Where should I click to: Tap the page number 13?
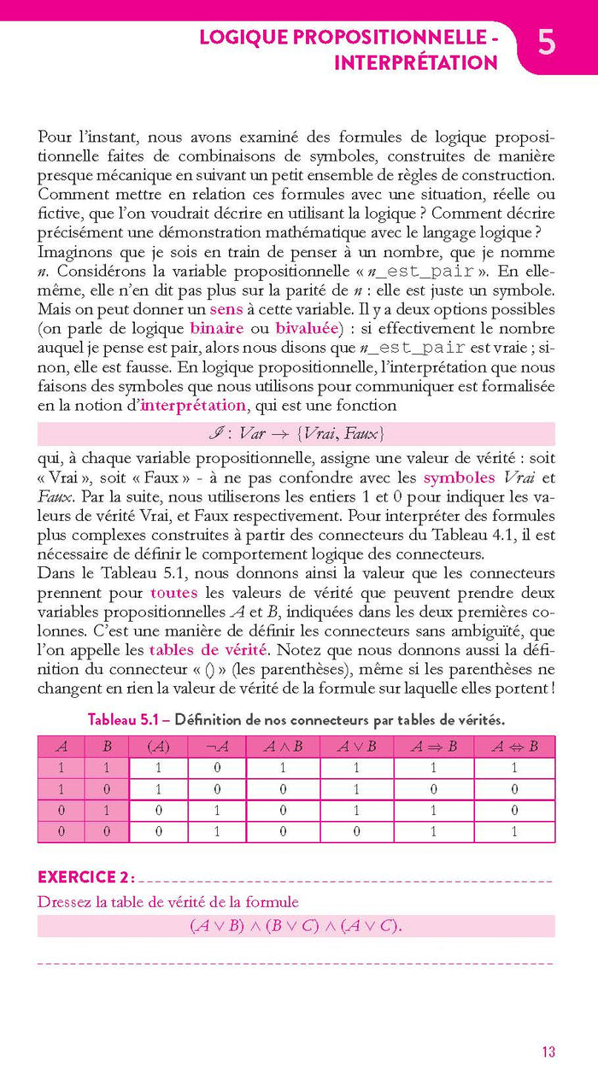point(548,1052)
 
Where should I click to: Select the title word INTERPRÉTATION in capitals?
point(416,62)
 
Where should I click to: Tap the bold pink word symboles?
point(459,478)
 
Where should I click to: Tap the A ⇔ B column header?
point(514,746)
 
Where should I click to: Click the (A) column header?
point(158,746)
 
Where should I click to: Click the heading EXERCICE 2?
point(85,877)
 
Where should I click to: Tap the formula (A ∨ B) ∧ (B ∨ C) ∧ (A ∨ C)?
point(296,926)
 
